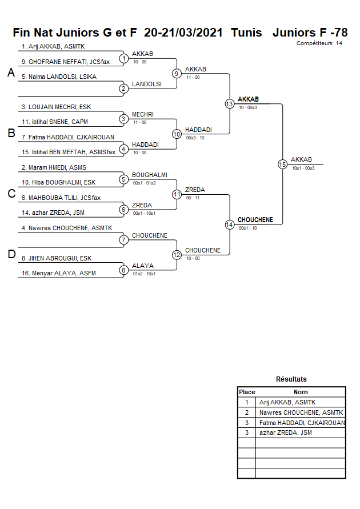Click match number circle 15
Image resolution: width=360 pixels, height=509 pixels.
point(282,165)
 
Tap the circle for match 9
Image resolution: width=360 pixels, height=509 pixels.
point(177,74)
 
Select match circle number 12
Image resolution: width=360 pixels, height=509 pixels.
point(177,255)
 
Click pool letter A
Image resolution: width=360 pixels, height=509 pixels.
point(11,73)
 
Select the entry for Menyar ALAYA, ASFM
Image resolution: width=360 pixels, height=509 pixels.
point(58,273)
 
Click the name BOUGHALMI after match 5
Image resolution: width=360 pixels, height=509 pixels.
point(150,175)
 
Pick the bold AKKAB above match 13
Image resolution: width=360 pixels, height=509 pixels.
point(248,99)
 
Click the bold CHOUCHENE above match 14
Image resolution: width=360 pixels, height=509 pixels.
point(255,220)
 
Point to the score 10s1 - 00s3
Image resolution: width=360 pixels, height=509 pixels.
point(303,168)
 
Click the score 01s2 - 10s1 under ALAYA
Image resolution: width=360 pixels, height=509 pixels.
point(144,274)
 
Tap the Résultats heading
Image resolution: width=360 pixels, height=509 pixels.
point(291,379)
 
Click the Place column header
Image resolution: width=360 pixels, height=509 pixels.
point(247,392)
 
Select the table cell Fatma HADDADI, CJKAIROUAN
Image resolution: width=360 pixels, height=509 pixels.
point(302,423)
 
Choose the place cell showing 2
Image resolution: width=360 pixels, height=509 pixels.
point(247,412)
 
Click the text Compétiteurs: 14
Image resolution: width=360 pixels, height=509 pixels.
point(319,43)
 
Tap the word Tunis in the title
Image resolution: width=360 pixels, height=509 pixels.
point(247,33)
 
